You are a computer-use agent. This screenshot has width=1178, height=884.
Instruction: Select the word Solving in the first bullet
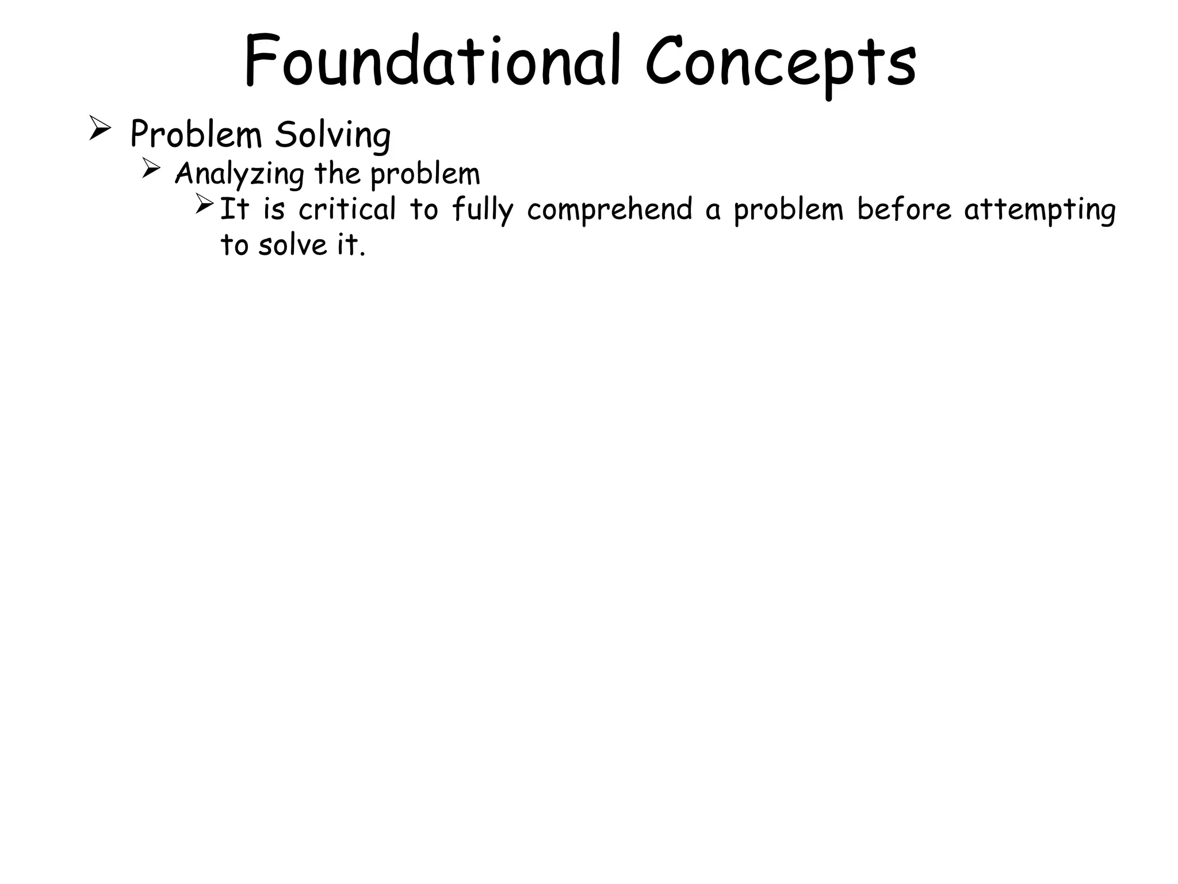coord(332,136)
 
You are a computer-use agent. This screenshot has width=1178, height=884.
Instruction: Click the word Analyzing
coord(239,174)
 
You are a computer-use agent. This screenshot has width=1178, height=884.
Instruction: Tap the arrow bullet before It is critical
coord(204,204)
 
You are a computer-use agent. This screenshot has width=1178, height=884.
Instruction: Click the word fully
coord(482,209)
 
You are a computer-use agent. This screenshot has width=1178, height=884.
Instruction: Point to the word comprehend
coord(610,209)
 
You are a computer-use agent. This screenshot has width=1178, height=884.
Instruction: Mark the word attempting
coord(1040,209)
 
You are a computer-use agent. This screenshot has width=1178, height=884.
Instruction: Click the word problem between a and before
coord(788,209)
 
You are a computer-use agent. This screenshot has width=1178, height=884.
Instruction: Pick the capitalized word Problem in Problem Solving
coord(196,135)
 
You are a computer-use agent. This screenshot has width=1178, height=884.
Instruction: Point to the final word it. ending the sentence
coord(351,245)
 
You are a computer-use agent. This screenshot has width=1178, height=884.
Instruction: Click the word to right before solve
coord(234,245)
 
